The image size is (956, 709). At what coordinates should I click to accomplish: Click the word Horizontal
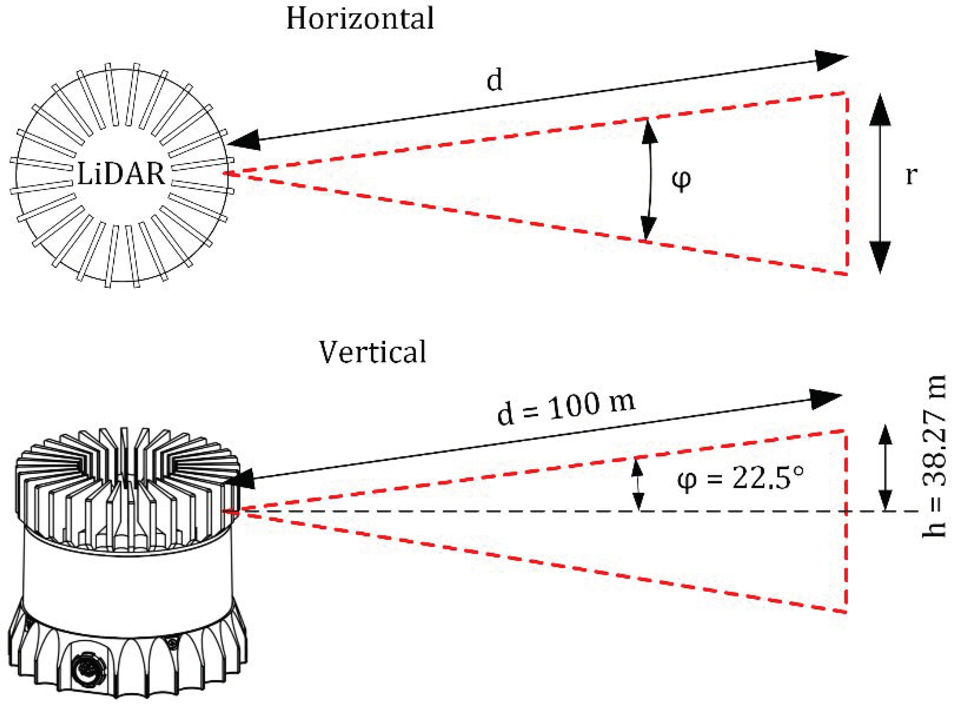pos(360,19)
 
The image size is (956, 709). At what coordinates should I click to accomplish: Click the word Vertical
pos(372,352)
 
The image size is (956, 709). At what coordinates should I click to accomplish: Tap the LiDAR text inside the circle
pos(121,174)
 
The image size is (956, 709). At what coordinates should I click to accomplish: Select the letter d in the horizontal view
pos(494,80)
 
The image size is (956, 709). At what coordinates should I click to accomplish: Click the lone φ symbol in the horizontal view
pos(681,180)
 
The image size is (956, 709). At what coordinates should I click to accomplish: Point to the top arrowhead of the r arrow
pos(880,110)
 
